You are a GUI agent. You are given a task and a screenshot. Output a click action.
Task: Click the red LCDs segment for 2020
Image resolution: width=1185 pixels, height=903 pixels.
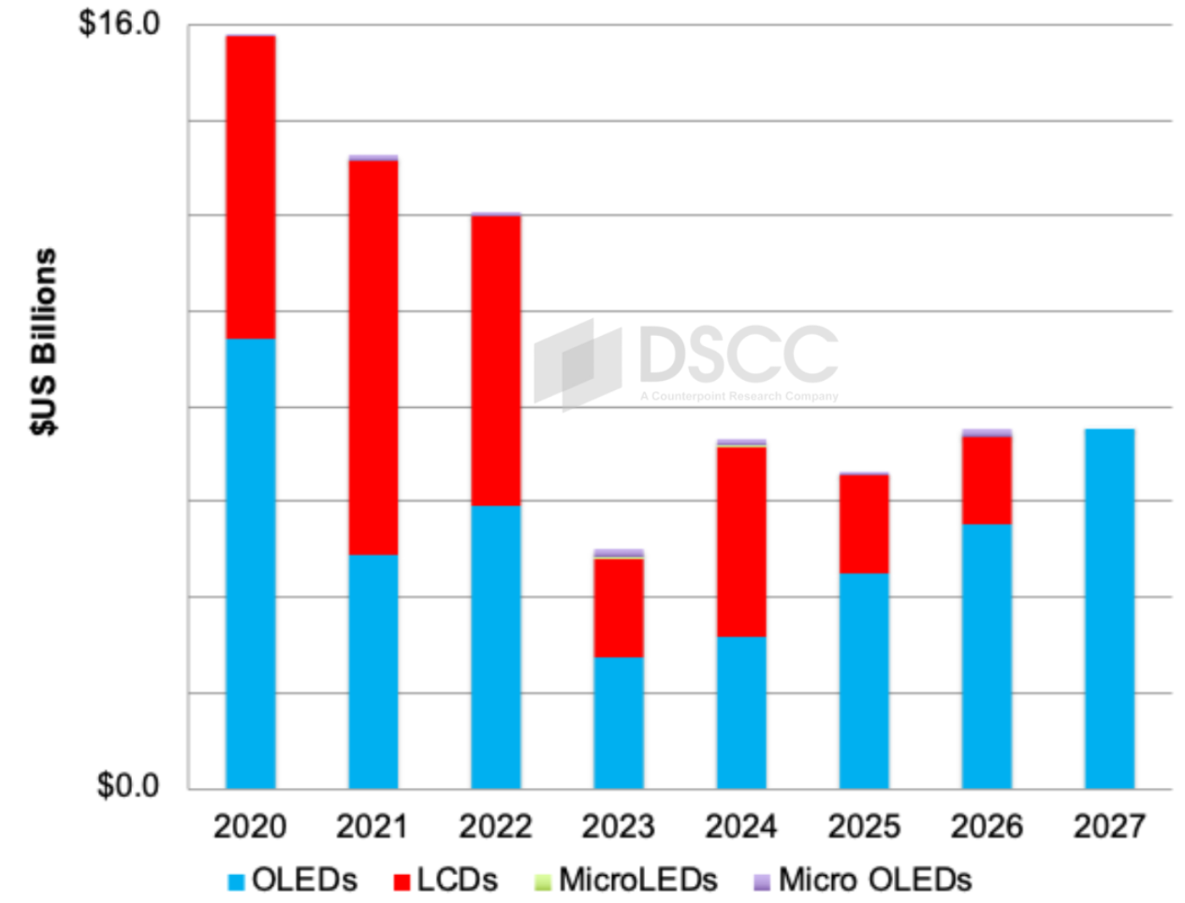tap(251, 187)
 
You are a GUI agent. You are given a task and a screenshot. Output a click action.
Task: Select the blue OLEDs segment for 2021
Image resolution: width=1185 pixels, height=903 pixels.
tap(373, 671)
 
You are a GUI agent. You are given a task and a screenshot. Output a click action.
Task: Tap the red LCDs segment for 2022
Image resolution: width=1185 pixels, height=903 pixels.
tap(496, 361)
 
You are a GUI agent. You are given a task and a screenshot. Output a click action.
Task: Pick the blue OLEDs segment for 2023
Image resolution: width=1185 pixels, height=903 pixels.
tap(619, 723)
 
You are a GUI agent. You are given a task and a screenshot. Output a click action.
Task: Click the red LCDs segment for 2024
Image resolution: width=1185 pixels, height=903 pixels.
tap(741, 542)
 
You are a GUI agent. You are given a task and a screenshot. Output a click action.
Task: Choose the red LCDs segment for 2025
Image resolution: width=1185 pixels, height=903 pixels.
tap(864, 524)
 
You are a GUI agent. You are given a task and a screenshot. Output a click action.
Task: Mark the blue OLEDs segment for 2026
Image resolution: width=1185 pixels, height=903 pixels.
tap(987, 656)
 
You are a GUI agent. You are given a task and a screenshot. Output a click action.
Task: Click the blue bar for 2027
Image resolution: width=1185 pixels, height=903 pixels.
tap(1110, 608)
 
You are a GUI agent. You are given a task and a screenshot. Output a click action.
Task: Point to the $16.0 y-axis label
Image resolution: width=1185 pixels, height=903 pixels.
tap(119, 24)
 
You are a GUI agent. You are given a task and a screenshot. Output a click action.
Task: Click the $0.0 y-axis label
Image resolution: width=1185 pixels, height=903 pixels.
tap(128, 785)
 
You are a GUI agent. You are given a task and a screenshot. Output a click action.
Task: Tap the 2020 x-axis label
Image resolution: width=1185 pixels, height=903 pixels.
tap(250, 827)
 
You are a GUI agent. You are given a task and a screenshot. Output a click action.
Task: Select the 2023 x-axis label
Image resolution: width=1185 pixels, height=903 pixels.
tap(618, 827)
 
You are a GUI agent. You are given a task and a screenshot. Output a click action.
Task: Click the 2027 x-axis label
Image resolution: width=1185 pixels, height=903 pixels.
tap(1109, 827)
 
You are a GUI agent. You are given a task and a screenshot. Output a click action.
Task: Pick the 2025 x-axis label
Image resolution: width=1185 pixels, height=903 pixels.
tap(863, 827)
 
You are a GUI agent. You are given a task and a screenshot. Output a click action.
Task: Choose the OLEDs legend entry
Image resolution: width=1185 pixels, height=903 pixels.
tap(293, 880)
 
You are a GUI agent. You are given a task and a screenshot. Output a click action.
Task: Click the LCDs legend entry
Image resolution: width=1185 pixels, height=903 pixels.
tap(446, 880)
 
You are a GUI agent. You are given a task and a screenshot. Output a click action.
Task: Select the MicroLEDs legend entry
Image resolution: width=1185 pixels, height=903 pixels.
tap(626, 880)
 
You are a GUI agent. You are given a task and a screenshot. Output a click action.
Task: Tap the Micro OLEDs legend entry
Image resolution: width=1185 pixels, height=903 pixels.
tap(863, 880)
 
